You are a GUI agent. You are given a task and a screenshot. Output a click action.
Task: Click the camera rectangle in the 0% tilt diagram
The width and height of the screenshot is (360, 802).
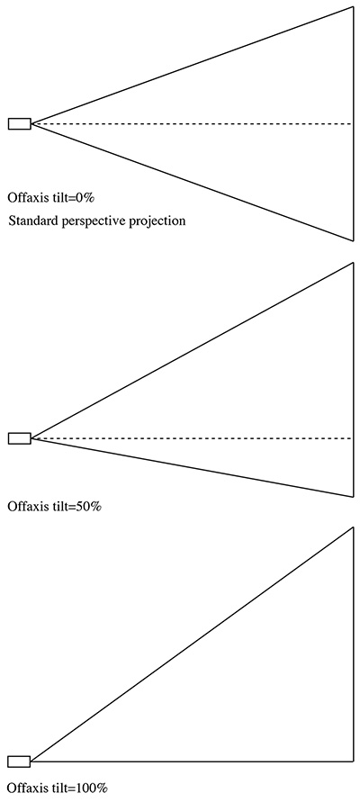[x=20, y=123]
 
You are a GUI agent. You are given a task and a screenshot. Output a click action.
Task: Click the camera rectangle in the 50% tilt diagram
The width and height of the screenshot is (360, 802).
[x=20, y=438]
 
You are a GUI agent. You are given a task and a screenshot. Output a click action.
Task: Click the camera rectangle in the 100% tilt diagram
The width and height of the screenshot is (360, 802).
[x=20, y=761]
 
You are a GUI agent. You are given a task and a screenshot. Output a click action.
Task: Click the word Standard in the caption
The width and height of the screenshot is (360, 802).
[x=29, y=221]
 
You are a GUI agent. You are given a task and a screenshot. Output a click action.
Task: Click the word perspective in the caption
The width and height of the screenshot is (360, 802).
[x=80, y=222]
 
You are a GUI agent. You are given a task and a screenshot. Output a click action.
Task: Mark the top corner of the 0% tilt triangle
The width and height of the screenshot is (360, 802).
[x=353, y=6]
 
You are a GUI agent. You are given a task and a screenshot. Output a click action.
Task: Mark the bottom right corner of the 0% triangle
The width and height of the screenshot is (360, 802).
[x=353, y=240]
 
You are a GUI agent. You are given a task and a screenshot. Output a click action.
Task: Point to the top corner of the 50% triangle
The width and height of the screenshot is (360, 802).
[x=353, y=263]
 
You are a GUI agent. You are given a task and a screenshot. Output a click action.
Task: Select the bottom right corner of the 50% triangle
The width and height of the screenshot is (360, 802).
[x=353, y=497]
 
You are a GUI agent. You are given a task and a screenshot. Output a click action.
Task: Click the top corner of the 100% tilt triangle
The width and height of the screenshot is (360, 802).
[x=353, y=527]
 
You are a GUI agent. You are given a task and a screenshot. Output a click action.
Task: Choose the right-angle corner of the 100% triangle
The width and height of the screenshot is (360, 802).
[x=353, y=761]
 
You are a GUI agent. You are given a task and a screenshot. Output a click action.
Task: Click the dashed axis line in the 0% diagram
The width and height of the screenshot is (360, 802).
[x=192, y=124]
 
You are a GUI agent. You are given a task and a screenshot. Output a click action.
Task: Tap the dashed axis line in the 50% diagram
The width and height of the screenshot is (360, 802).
[x=192, y=438]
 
